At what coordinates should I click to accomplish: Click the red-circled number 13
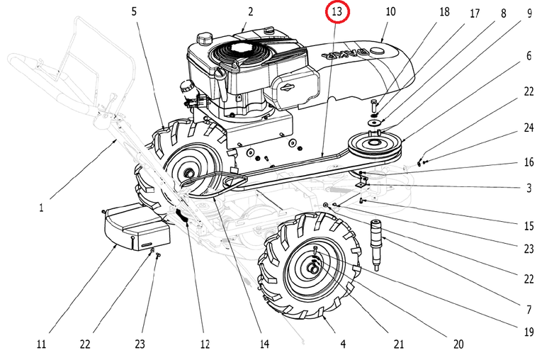point(337,13)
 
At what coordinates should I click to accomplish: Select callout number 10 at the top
point(391,12)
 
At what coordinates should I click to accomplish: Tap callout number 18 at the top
point(444,12)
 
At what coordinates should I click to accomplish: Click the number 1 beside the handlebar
point(42,208)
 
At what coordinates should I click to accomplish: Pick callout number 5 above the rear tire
point(134,12)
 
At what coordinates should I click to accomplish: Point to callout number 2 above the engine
point(250,12)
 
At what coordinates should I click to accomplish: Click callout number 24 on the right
point(529,128)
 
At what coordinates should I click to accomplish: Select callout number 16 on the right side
point(529,162)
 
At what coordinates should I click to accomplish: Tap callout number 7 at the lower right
point(529,310)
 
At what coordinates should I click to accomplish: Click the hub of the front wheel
point(313,267)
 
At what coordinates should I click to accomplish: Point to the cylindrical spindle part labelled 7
point(378,244)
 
